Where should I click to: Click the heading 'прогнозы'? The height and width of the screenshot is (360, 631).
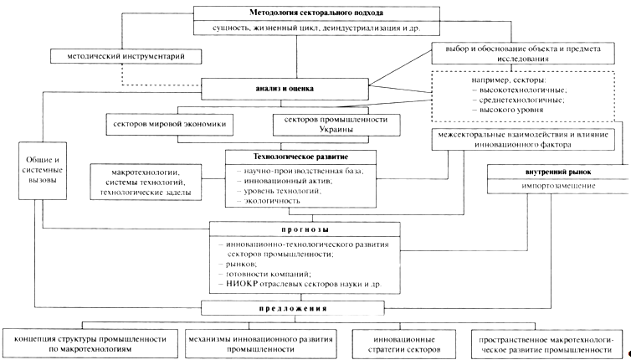(303, 228)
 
